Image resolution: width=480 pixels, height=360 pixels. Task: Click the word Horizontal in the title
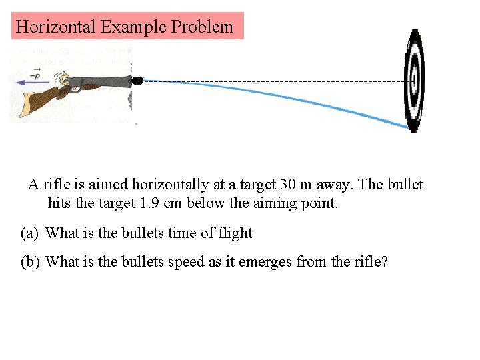pos(56,27)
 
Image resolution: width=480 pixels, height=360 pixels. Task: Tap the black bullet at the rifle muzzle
pos(137,81)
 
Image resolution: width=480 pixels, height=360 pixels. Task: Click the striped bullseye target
pos(414,80)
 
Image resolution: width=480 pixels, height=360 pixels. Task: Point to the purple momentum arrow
pos(31,81)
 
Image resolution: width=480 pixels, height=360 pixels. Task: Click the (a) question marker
pos(30,233)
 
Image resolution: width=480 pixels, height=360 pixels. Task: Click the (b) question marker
pos(30,262)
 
